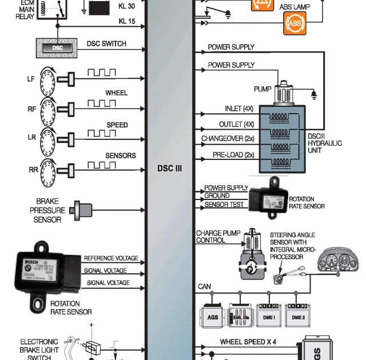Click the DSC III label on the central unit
169,169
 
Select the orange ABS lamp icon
295,23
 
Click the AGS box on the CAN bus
213,317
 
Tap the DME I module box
268,317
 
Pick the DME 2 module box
298,317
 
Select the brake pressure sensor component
84,210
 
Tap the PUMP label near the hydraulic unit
262,90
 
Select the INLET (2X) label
240,109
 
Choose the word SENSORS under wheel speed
121,155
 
